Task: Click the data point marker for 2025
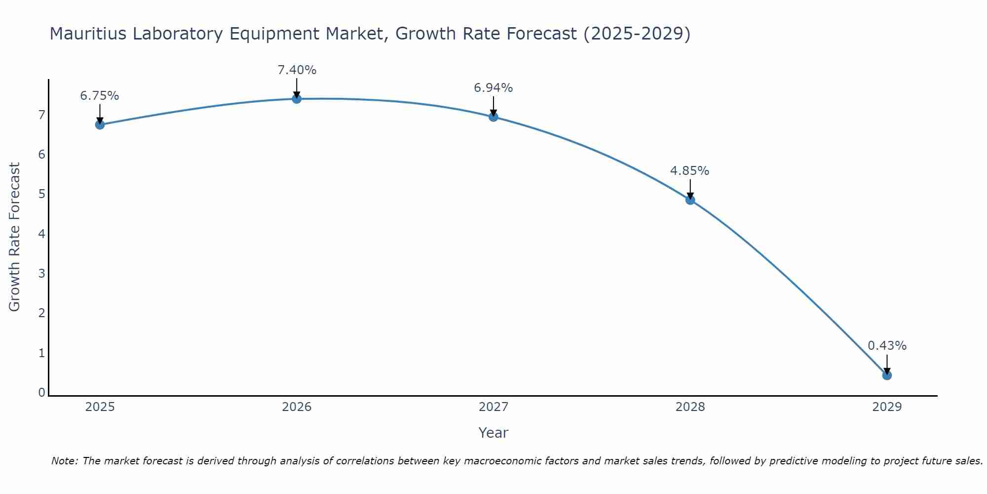100,124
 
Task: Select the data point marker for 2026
297,99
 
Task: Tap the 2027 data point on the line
493,117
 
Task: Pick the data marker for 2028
690,200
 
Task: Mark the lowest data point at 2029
887,375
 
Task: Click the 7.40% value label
297,70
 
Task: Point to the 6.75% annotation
100,96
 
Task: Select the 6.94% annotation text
493,88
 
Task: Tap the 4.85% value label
690,171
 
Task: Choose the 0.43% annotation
887,346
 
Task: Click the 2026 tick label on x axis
297,407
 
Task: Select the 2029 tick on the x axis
887,407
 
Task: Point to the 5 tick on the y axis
42,194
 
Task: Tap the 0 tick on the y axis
42,393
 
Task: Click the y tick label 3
42,273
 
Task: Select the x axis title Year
493,433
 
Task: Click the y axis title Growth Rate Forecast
15,237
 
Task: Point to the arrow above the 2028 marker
690,189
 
